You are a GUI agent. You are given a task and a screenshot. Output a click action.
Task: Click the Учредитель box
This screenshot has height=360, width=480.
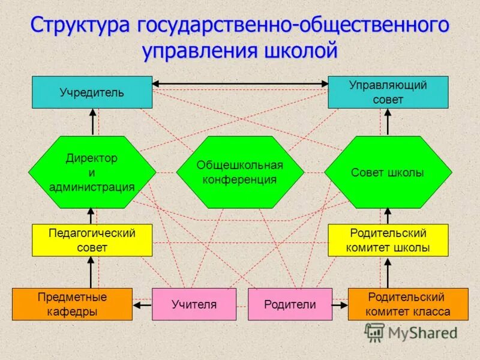[x=92, y=92]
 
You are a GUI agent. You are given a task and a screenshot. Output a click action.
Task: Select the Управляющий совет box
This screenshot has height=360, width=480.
[x=388, y=92]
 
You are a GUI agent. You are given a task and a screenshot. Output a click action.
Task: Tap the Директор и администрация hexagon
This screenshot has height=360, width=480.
[x=92, y=172]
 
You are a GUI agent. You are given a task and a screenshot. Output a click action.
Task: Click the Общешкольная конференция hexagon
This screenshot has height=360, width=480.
[x=240, y=172]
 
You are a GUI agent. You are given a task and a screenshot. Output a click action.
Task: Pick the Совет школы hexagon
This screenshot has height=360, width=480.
[x=388, y=172]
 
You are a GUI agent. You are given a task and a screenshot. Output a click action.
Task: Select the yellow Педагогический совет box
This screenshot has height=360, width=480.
[x=92, y=240]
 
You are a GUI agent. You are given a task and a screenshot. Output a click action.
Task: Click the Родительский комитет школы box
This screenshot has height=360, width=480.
[x=388, y=240]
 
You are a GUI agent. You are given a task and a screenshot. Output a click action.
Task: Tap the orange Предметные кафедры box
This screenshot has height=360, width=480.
[x=72, y=304]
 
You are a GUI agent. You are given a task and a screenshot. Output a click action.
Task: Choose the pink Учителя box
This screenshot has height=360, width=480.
[x=193, y=304]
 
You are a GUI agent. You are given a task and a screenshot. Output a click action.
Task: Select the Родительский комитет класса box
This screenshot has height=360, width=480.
[x=408, y=304]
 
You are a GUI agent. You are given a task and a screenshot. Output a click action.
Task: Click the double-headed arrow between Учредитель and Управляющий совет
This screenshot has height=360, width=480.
[x=240, y=83]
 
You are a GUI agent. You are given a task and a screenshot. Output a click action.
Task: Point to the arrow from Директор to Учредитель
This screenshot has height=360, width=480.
[x=92, y=122]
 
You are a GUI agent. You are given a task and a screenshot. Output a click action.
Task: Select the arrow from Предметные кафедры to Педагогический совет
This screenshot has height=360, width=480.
[x=92, y=272]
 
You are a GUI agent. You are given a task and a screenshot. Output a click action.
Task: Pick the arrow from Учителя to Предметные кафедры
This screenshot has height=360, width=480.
[x=142, y=305]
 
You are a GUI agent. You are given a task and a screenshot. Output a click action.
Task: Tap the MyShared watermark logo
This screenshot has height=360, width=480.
[x=411, y=332]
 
